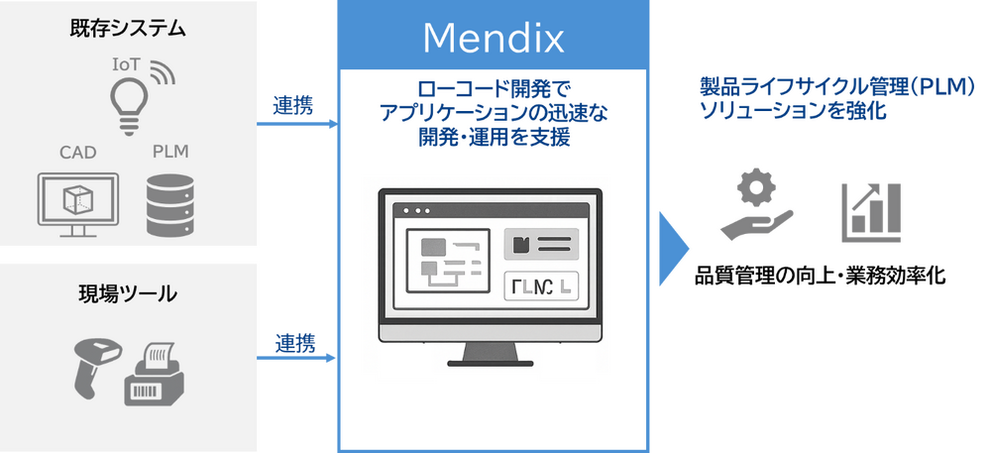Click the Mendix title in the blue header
click(x=493, y=38)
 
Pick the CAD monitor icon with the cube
click(x=76, y=203)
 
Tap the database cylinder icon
click(x=169, y=205)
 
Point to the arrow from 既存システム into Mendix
click(x=297, y=125)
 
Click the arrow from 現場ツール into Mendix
click(x=297, y=358)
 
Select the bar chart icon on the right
click(x=869, y=211)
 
